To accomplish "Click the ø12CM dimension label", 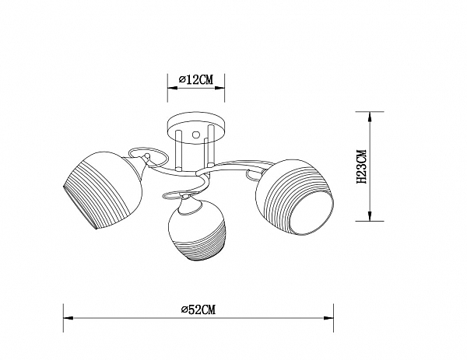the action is (196, 80).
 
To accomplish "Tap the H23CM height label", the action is (362, 166).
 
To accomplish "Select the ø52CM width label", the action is (198, 309).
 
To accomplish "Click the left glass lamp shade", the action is (103, 190).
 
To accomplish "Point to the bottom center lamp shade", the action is (197, 230).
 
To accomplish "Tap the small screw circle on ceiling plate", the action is (196, 135).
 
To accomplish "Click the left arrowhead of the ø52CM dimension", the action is (68, 318).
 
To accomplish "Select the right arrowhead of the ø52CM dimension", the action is (328, 318).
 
